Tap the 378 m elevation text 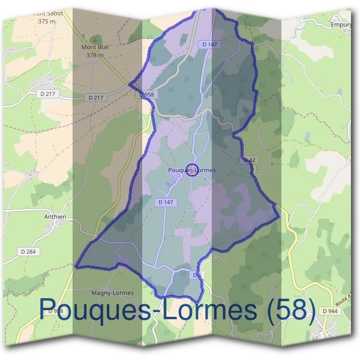pos(95,55)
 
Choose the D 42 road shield pos(250,160)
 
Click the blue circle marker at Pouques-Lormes pos(192,170)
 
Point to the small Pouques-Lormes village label pos(191,170)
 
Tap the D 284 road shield pos(29,251)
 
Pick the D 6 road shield pos(197,274)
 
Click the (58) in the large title pos(284,310)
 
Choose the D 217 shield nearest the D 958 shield pos(95,97)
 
